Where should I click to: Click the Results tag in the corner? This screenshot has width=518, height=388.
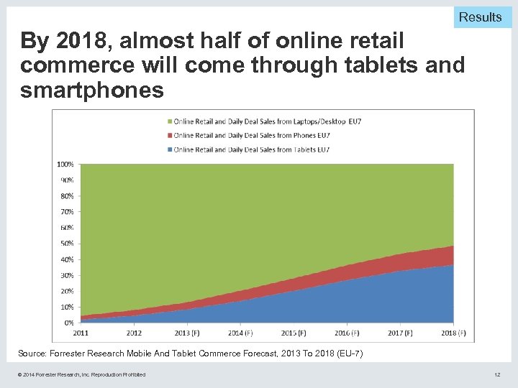(x=480, y=17)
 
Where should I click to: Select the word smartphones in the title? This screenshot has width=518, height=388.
(x=92, y=90)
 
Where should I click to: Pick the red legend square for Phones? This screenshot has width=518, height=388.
(x=169, y=135)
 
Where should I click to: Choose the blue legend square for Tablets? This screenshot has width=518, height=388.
(x=169, y=149)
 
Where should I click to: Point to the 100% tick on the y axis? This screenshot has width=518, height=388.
(x=65, y=164)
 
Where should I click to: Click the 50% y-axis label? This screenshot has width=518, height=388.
(x=66, y=244)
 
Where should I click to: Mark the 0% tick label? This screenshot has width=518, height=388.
(x=68, y=323)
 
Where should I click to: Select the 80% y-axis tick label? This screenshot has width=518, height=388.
(x=66, y=196)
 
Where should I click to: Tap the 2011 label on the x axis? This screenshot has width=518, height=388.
(x=80, y=333)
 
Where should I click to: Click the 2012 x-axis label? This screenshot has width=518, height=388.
(x=134, y=333)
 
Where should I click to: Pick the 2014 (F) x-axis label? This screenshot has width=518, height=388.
(x=239, y=333)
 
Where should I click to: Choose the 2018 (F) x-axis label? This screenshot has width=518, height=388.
(x=452, y=333)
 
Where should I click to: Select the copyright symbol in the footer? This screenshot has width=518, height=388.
(x=22, y=374)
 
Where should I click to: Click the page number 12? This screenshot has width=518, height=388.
(x=497, y=374)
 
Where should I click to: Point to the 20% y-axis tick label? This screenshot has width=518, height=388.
(x=66, y=291)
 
